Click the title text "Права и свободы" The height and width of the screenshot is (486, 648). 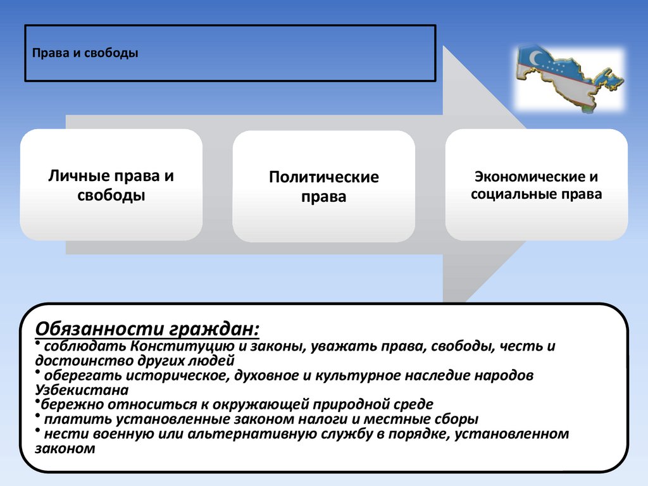tap(85, 53)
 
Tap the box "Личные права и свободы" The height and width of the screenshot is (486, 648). tap(111, 185)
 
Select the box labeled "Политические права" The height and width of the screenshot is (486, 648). tap(323, 186)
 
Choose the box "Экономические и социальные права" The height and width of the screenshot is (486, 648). tap(536, 185)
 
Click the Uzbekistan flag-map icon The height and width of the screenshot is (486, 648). tap(568, 78)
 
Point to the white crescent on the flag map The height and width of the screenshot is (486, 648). tap(536, 57)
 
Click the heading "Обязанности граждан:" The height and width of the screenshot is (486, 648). tap(147, 329)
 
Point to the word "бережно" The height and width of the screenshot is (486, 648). tap(66, 405)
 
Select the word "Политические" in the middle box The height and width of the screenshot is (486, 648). tap(323, 177)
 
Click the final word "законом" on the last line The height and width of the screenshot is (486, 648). tap(65, 449)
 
